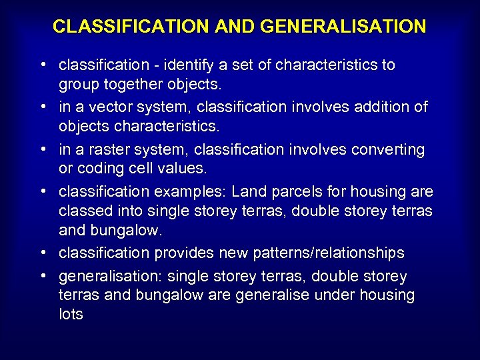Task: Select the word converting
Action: point(391,149)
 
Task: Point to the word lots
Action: point(71,315)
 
